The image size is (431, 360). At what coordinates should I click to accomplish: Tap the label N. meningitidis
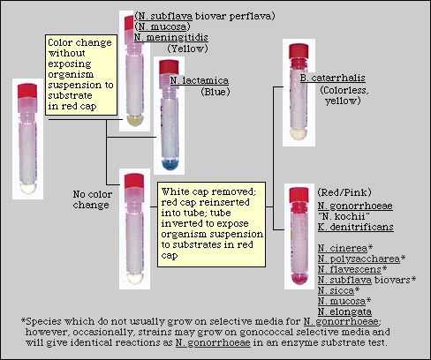click(170, 37)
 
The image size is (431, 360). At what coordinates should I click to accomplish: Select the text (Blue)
click(215, 91)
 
